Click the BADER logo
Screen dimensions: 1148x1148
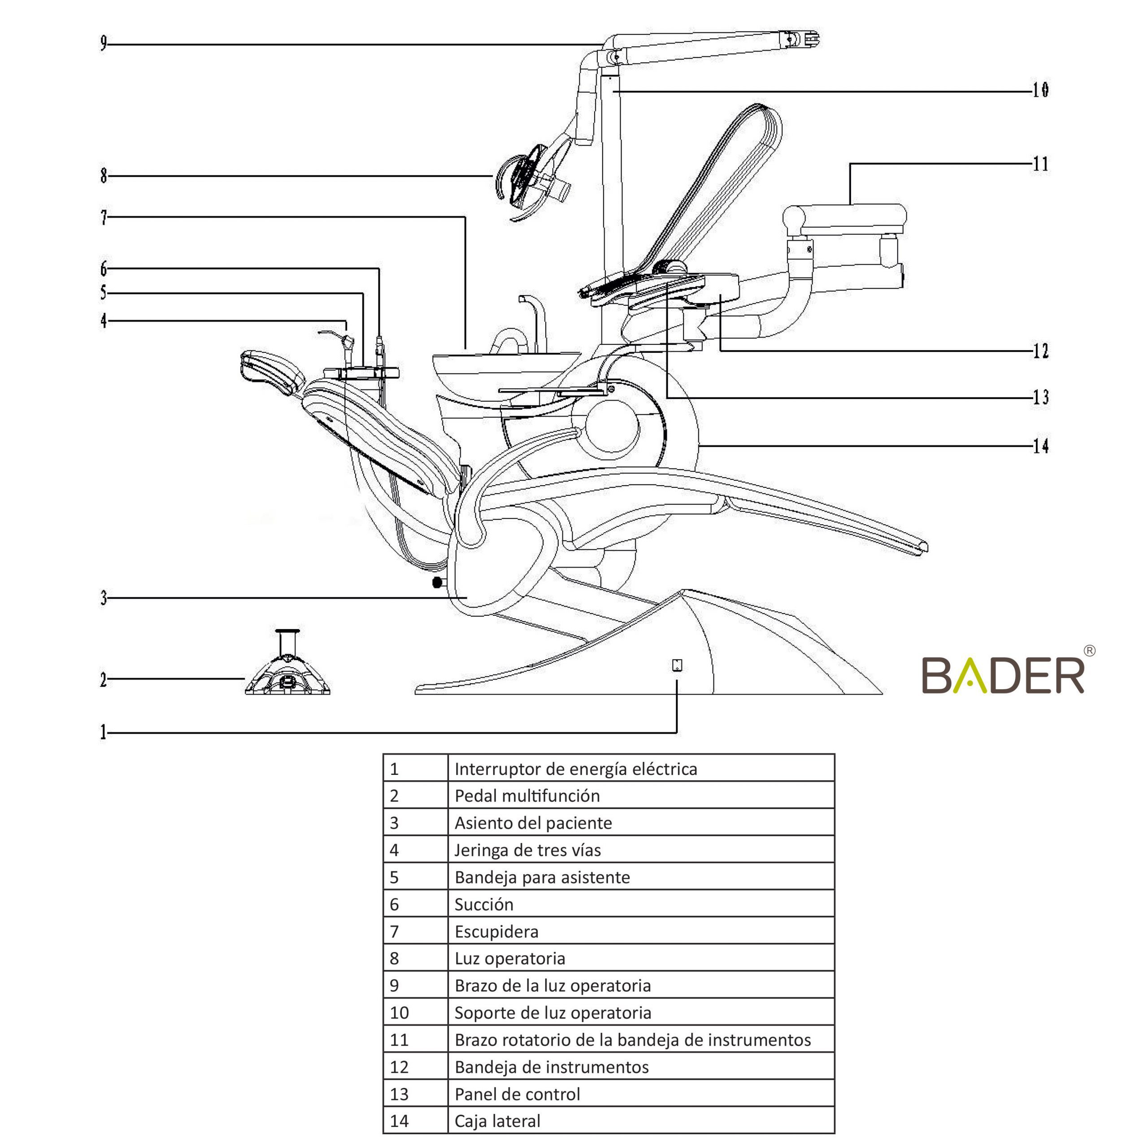pyautogui.click(x=1003, y=675)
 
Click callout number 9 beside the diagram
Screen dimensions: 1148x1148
pyautogui.click(x=104, y=43)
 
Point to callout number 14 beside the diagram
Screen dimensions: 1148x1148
pyautogui.click(x=1040, y=446)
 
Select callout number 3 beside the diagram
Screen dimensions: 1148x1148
pyautogui.click(x=104, y=598)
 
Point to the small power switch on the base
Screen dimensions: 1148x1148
pyautogui.click(x=677, y=665)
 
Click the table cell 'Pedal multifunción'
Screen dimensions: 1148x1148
pyautogui.click(x=640, y=796)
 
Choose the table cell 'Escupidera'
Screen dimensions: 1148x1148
pyautogui.click(x=640, y=931)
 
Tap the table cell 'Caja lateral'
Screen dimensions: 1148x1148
pyautogui.click(x=640, y=1121)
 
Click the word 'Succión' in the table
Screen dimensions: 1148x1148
pyautogui.click(x=484, y=904)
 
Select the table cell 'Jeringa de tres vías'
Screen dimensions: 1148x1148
pyautogui.click(x=640, y=850)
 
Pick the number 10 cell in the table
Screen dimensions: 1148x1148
pyautogui.click(x=415, y=1013)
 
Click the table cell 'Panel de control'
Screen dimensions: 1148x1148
pyautogui.click(x=640, y=1094)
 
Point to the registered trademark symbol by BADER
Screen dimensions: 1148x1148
pyautogui.click(x=1090, y=651)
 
